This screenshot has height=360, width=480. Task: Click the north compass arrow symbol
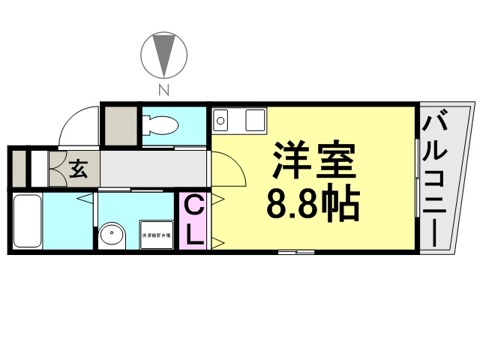tap(163, 54)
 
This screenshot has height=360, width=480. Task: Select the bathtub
tap(27, 221)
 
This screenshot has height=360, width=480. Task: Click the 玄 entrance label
tap(78, 169)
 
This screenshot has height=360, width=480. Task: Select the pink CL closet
tap(193, 220)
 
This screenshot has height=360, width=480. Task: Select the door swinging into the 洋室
tap(228, 169)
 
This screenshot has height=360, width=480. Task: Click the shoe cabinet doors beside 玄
tap(57, 169)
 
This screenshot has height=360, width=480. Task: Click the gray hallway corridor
tap(154, 169)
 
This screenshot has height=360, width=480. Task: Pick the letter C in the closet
tap(193, 204)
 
